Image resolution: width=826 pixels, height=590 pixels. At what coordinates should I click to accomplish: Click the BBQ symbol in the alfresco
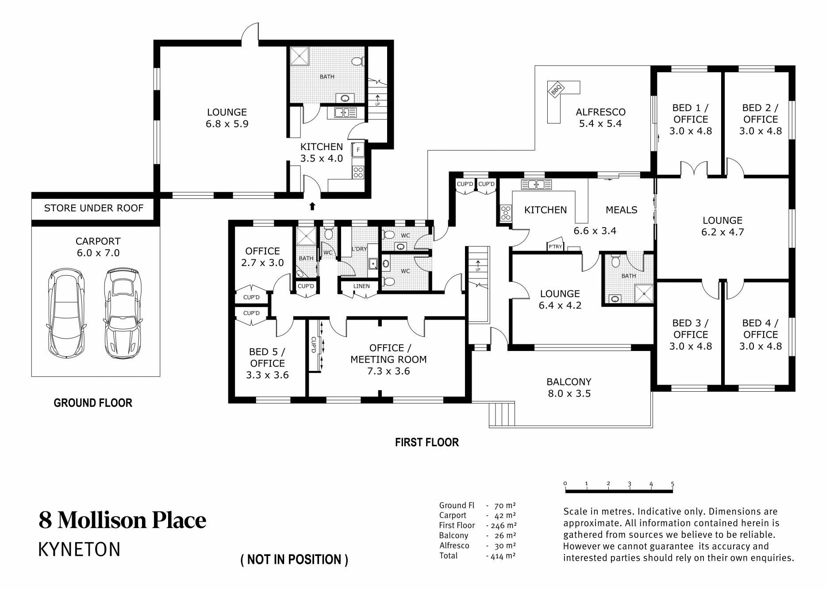(x=556, y=90)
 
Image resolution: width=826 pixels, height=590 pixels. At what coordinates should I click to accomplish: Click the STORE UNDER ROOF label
(x=94, y=208)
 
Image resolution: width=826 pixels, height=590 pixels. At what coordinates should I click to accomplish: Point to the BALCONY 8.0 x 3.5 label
(x=569, y=388)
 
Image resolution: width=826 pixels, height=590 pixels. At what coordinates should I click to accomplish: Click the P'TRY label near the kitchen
(x=555, y=247)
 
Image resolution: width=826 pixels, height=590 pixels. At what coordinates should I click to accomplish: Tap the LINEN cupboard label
(x=361, y=286)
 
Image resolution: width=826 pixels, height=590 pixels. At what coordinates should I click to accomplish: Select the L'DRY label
(x=359, y=249)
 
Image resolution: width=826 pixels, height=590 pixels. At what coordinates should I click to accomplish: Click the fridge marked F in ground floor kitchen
(x=357, y=150)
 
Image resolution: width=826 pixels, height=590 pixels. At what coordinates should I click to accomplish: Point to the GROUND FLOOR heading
(x=93, y=403)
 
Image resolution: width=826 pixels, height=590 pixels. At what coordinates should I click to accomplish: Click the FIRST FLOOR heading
(x=427, y=442)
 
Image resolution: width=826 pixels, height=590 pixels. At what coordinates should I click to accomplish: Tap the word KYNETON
(x=80, y=549)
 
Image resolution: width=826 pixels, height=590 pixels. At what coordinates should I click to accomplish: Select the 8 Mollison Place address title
(x=123, y=520)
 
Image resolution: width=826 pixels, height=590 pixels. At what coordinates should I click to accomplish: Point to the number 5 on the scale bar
(x=672, y=484)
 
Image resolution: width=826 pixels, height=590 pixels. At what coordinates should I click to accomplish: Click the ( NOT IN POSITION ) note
(x=294, y=559)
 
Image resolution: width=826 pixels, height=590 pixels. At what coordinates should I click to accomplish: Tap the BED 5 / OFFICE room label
(x=267, y=363)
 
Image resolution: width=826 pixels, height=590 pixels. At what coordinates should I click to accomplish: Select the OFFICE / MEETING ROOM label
(x=388, y=359)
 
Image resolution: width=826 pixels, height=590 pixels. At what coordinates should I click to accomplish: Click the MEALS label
(x=621, y=210)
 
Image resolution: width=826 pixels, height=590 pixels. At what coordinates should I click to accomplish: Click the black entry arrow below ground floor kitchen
(x=312, y=205)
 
